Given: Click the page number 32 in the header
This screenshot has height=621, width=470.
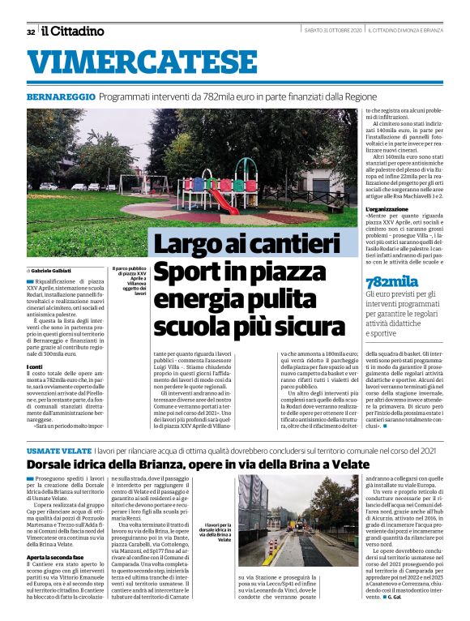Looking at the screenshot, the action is pos(30,32).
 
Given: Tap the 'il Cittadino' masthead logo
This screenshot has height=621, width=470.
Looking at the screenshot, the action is pos(73,31).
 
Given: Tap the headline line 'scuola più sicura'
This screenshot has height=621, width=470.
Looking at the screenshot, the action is pos(250,327).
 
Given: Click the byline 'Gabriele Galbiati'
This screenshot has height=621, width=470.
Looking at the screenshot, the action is pos(54,268).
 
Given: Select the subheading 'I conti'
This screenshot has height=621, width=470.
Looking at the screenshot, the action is pos(36,366).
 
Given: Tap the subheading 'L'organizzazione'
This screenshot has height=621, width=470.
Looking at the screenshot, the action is pos(392,209).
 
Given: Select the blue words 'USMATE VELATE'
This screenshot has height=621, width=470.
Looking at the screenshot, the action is pos(58,450).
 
